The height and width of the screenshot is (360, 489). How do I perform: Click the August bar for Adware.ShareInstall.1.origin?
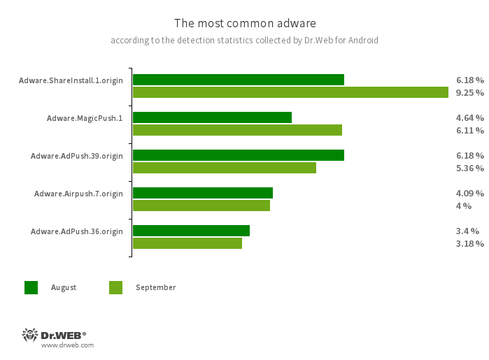click(238, 80)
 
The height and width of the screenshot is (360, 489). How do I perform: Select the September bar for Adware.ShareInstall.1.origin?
click(290, 92)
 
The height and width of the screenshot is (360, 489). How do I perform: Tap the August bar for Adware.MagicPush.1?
click(212, 117)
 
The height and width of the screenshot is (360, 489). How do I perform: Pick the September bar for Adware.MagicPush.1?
click(237, 130)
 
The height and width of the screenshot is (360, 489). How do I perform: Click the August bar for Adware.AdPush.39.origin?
click(238, 155)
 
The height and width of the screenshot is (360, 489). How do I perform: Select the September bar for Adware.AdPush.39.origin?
click(224, 168)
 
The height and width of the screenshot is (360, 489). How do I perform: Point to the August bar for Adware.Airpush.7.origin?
click(202, 193)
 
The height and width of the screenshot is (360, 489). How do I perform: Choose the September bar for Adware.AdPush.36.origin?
click(187, 243)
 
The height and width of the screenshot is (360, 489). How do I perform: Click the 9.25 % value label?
click(469, 92)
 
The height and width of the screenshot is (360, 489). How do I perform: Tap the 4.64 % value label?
click(469, 117)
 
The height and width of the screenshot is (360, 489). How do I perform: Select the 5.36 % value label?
click(469, 168)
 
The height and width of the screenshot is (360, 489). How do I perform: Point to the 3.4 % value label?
click(467, 231)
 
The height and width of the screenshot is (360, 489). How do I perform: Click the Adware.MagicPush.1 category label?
click(85, 118)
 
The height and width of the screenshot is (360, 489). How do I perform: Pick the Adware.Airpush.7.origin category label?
click(78, 194)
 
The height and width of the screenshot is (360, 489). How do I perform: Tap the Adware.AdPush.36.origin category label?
click(77, 231)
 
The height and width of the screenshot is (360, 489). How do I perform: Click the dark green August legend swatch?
click(31, 287)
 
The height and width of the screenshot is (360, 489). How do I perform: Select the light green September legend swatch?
click(115, 287)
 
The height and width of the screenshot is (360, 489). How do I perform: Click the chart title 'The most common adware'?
click(244, 24)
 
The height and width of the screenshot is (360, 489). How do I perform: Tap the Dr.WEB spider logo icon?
click(30, 335)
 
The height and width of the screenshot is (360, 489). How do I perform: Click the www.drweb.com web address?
click(67, 345)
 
